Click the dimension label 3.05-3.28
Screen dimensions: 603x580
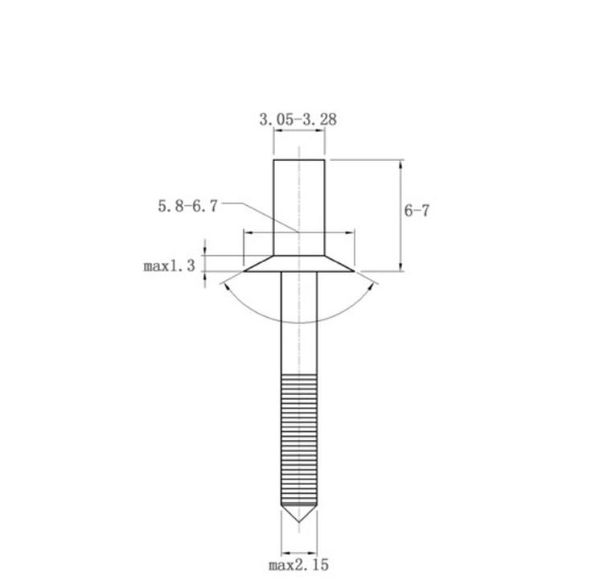click(298, 119)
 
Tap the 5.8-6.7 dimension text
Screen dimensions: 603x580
click(187, 206)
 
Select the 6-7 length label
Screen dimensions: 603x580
click(416, 211)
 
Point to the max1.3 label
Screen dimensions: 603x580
click(169, 265)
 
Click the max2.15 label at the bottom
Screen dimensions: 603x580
click(298, 565)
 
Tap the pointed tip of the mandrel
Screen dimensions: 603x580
click(299, 522)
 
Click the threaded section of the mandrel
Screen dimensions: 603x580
click(299, 438)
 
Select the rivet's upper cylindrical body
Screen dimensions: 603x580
click(299, 208)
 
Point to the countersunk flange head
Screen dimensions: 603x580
click(299, 264)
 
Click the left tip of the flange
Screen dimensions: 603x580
click(244, 271)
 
